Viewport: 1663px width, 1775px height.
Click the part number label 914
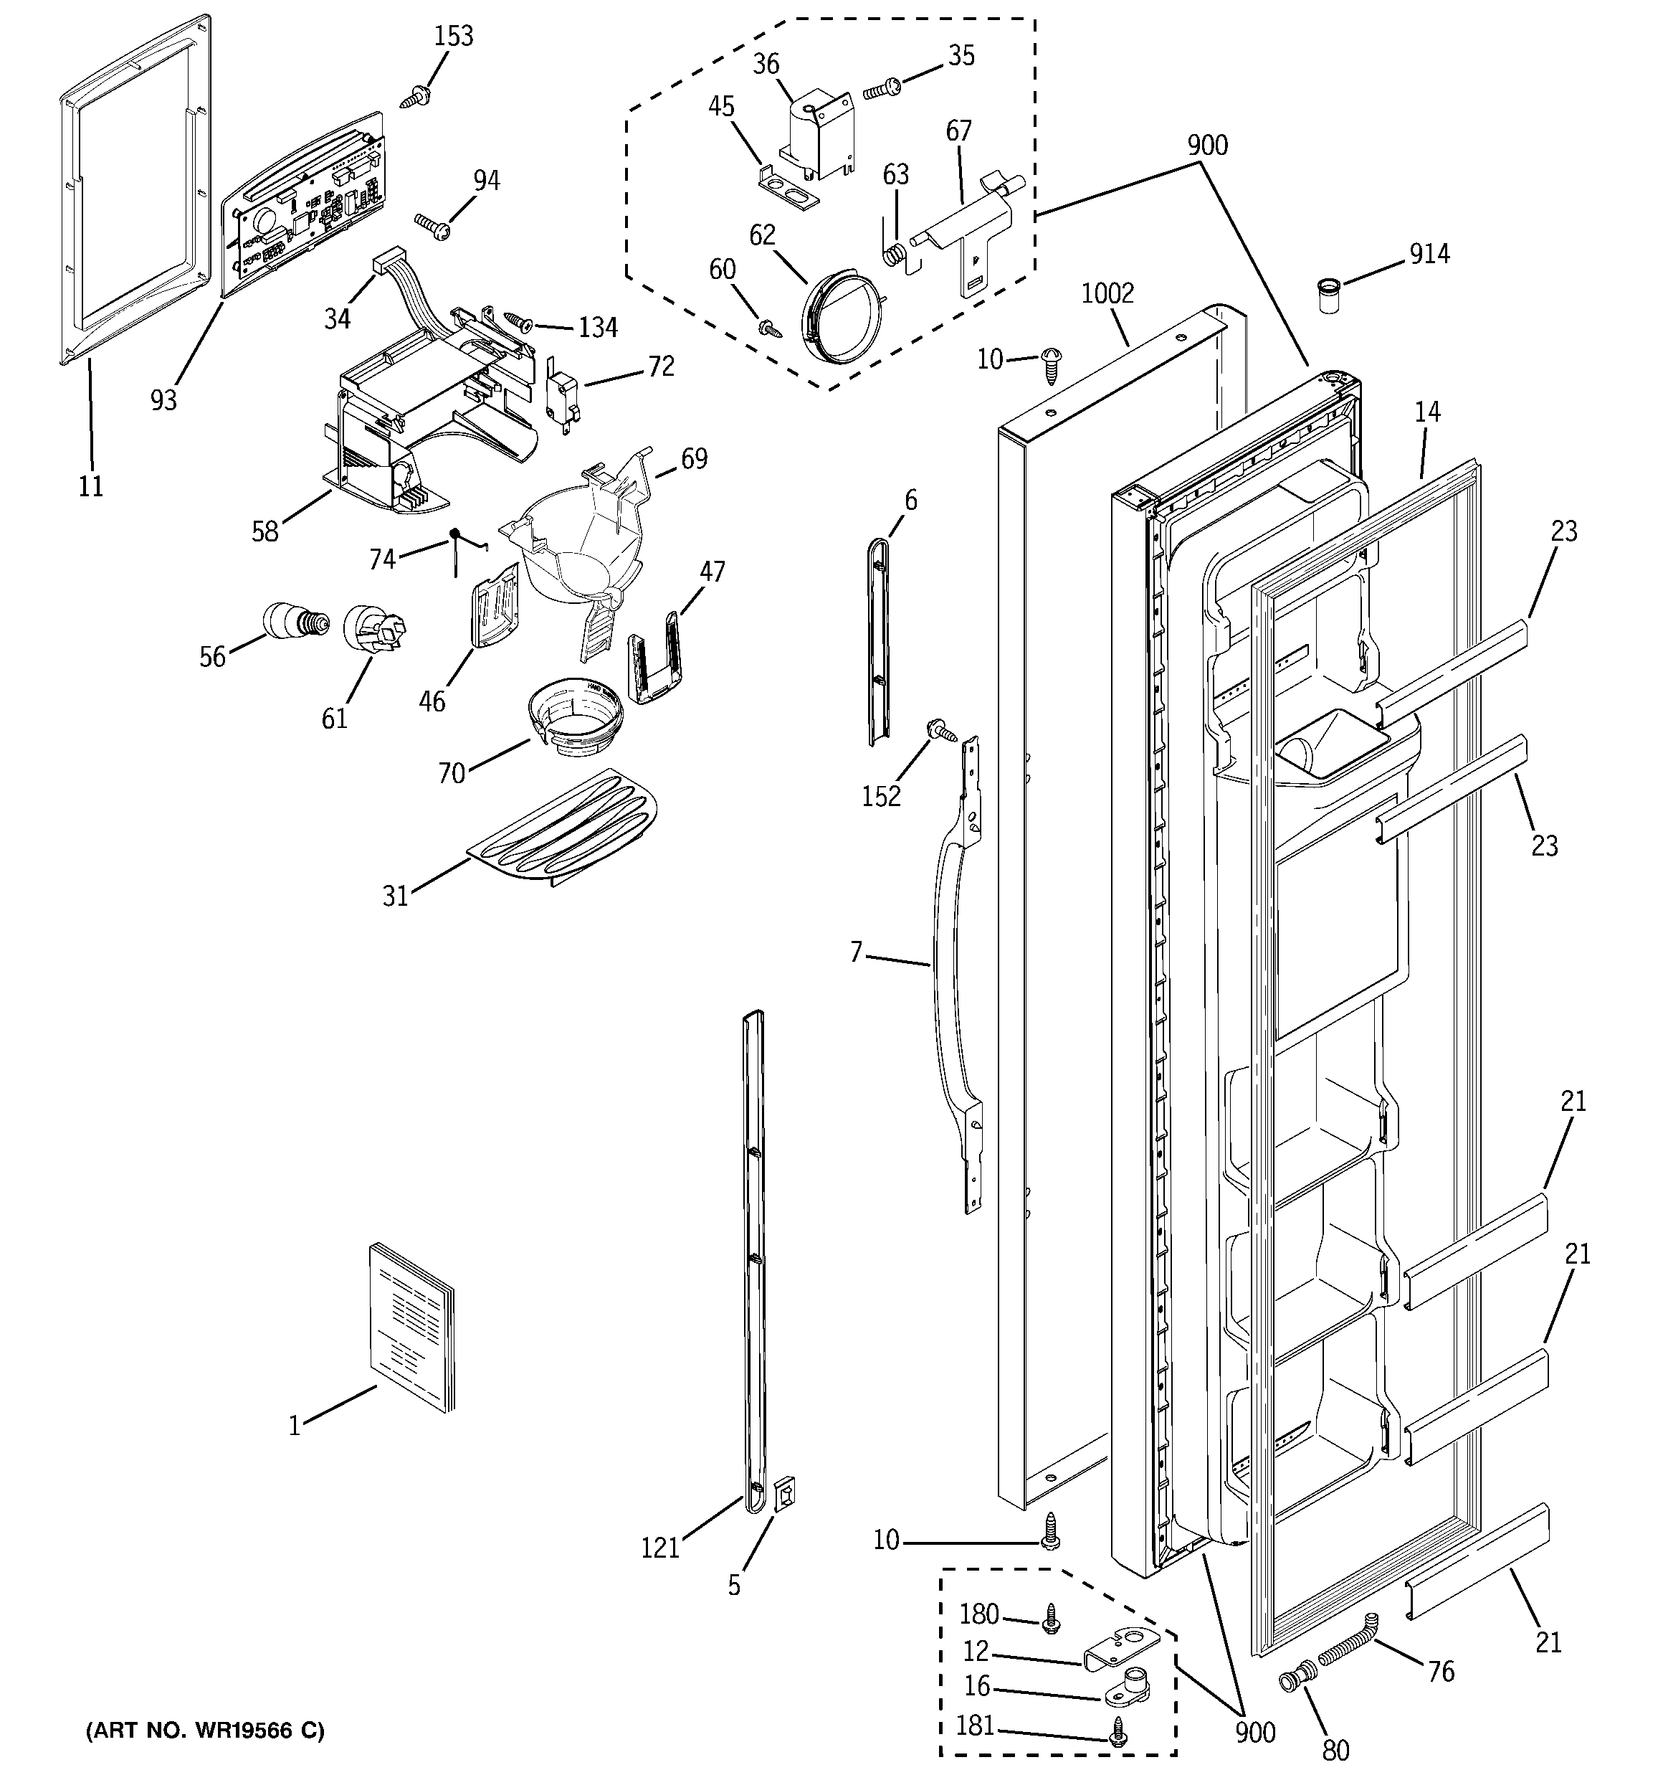coord(1429,255)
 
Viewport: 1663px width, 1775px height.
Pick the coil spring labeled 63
coord(895,255)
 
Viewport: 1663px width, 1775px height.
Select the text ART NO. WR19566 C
coord(204,1731)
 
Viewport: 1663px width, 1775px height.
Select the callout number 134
coord(597,328)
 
